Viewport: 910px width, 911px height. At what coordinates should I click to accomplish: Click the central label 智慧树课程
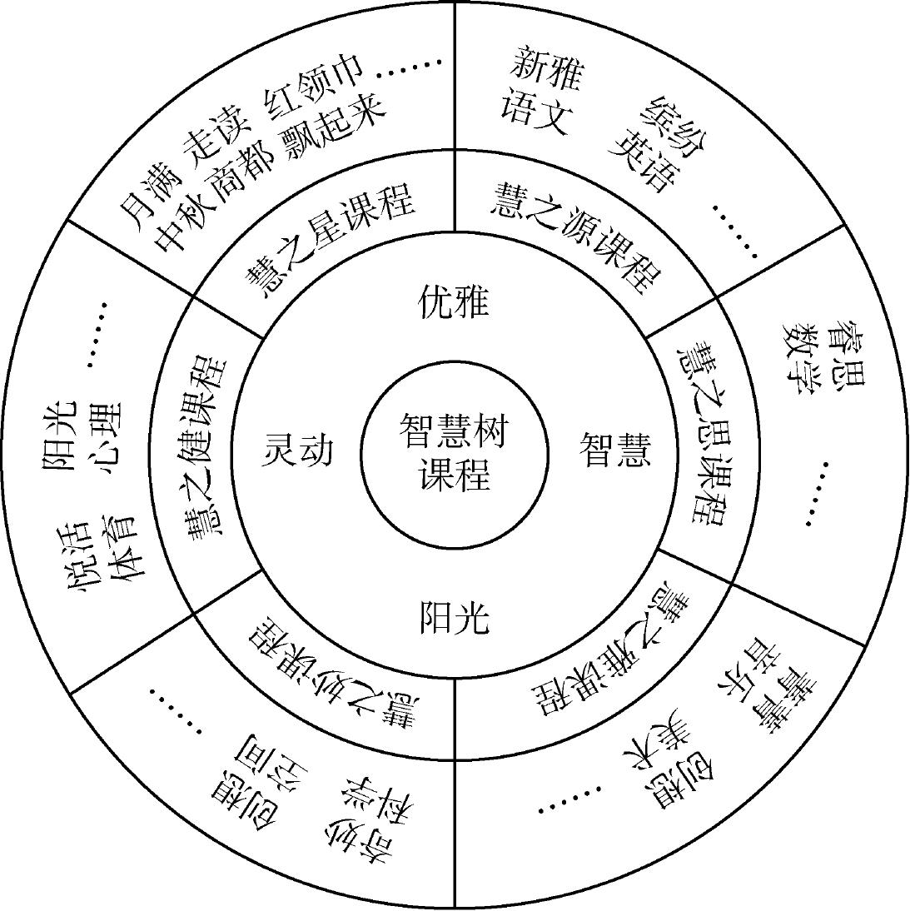click(x=455, y=455)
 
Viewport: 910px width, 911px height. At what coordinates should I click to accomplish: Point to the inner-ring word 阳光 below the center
click(x=454, y=618)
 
